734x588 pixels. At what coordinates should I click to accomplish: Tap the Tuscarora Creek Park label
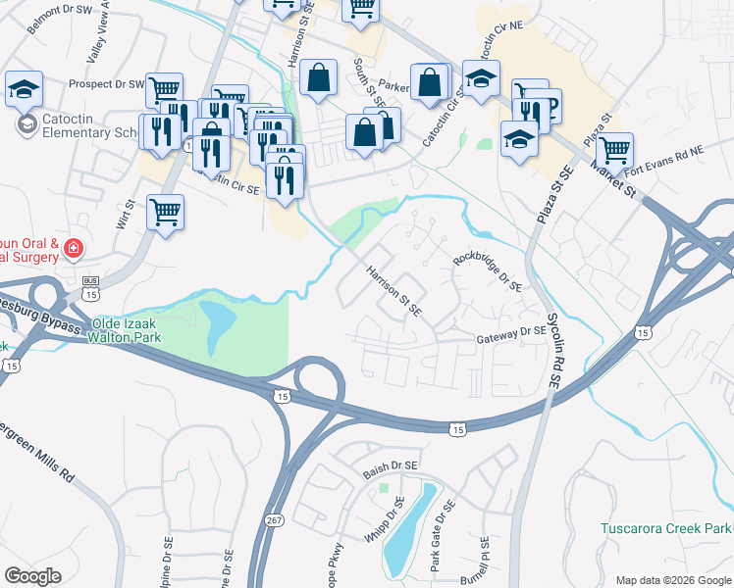(x=666, y=529)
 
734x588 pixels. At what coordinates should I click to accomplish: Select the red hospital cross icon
(x=73, y=250)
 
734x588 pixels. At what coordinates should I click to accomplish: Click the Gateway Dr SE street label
(x=510, y=333)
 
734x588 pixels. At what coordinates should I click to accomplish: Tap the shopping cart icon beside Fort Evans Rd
(x=615, y=151)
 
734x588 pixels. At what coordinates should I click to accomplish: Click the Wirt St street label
(x=125, y=212)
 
